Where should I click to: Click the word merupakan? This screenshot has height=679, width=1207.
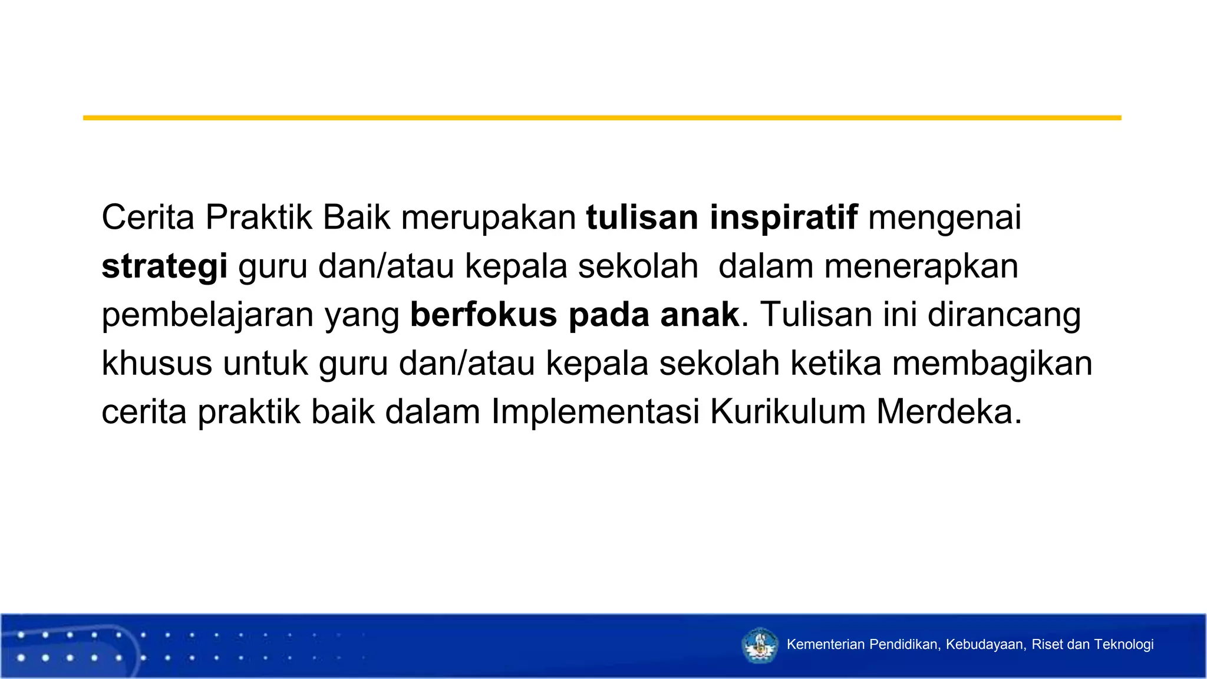[489, 218]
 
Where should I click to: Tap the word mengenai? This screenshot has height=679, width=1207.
[944, 218]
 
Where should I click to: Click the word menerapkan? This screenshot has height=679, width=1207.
[921, 266]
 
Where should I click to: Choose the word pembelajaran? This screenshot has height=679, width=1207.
[207, 315]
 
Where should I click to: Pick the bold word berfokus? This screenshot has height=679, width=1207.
[483, 315]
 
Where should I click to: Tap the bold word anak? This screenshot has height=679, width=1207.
[700, 315]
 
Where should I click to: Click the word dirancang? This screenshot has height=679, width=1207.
[1004, 315]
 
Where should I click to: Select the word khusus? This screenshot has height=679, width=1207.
[157, 364]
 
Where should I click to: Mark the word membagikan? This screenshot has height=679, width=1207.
[992, 364]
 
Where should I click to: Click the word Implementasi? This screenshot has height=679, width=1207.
[595, 412]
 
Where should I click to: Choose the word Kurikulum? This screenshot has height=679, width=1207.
[787, 412]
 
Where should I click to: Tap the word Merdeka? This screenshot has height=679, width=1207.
[948, 412]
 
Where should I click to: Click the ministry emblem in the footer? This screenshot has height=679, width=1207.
[760, 645]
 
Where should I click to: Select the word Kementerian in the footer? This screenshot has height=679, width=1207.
[825, 645]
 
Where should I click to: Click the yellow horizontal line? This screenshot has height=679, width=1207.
[602, 118]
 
